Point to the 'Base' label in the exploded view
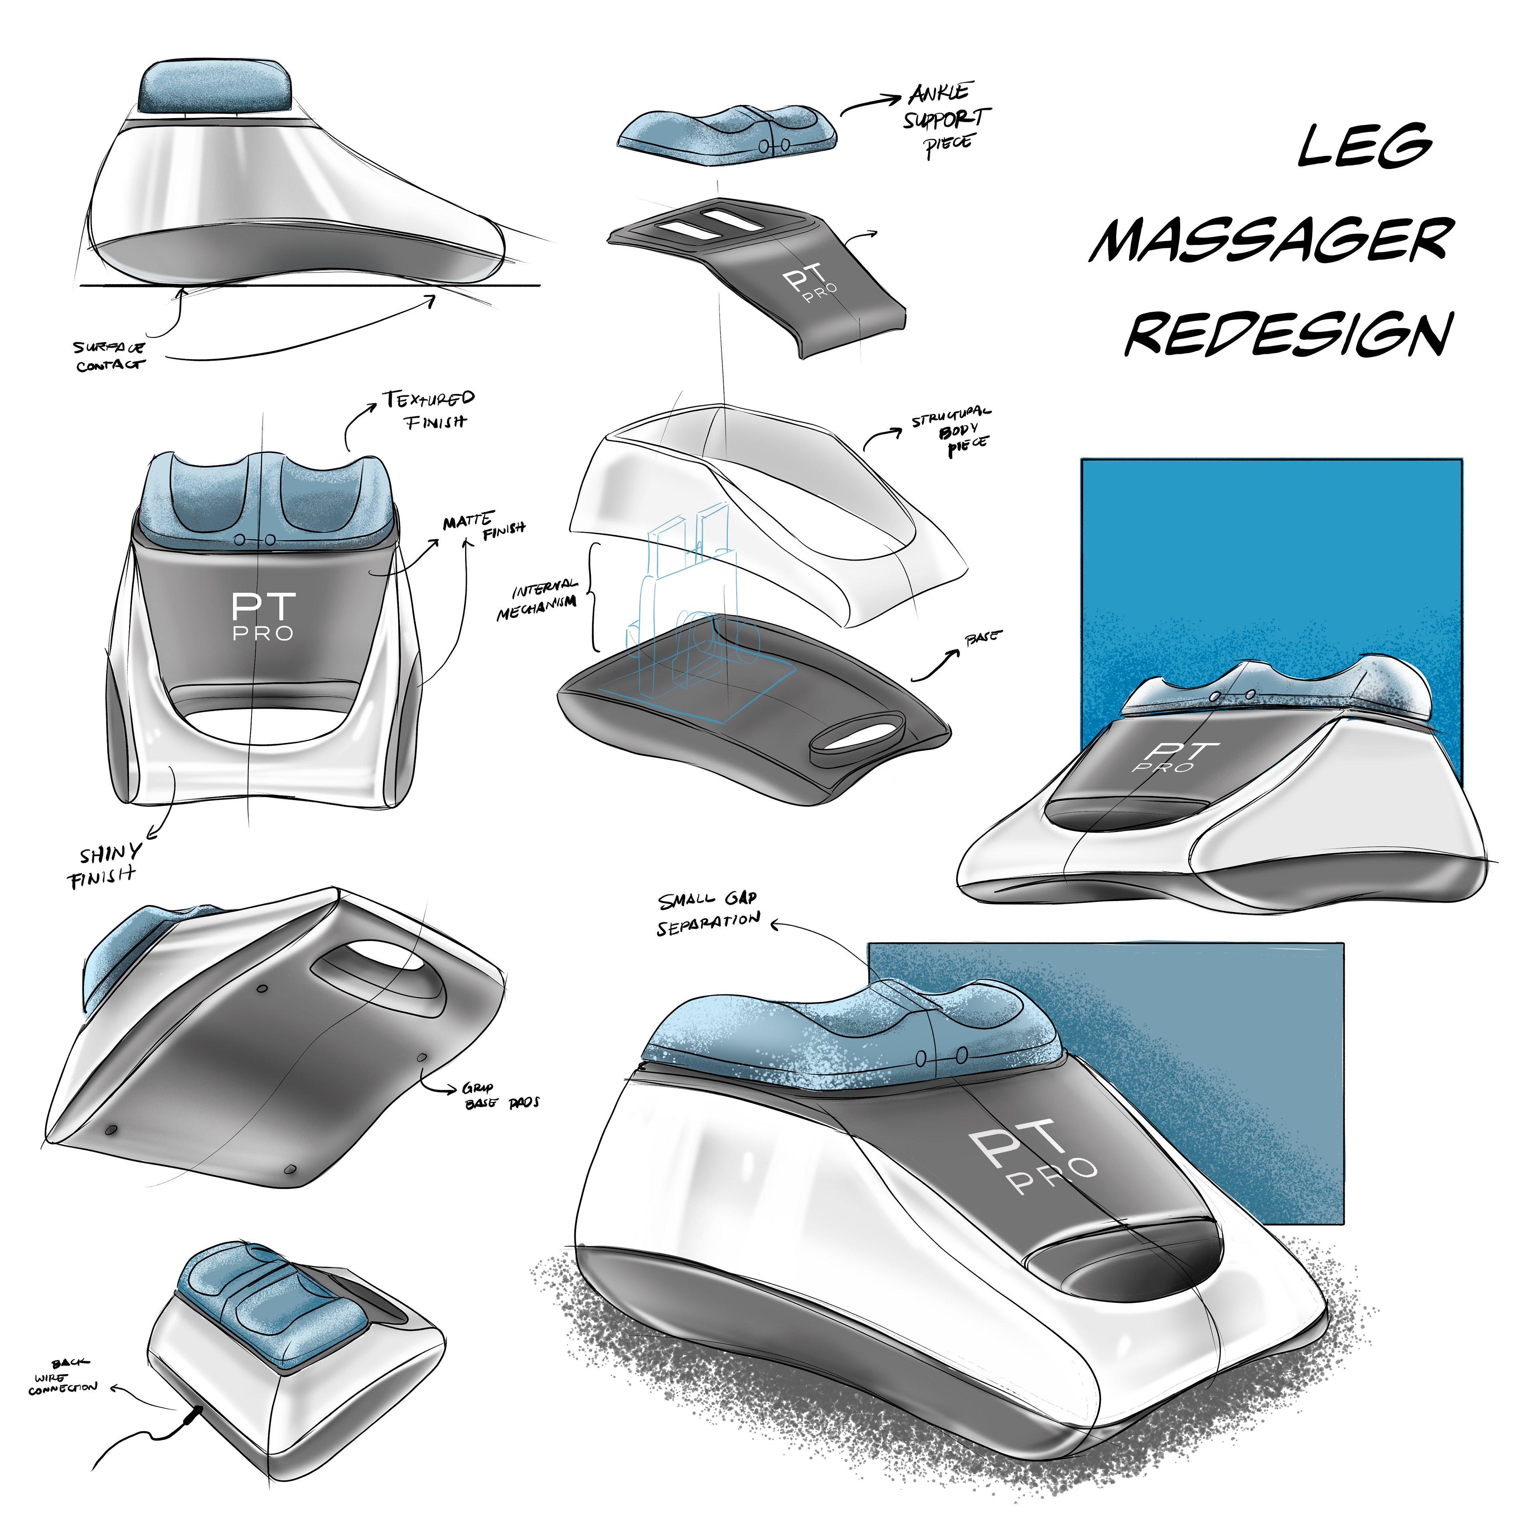[982, 638]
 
